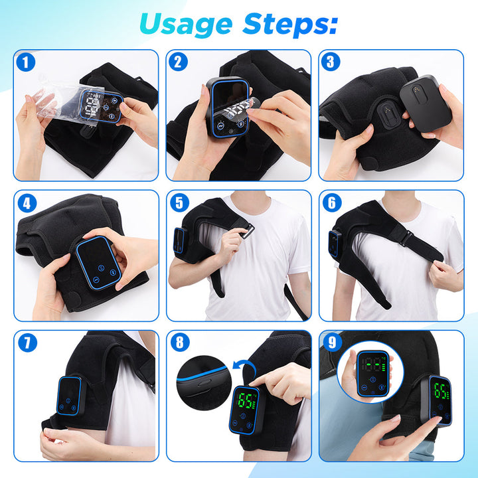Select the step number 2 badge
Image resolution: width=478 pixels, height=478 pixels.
(179, 63)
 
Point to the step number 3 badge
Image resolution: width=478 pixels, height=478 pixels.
(331, 63)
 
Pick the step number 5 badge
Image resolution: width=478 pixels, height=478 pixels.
(179, 203)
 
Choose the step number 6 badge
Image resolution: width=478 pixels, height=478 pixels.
(331, 203)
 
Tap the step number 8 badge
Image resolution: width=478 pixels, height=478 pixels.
(179, 343)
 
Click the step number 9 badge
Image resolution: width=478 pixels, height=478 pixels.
(331, 343)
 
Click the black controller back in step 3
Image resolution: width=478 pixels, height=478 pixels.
(425, 104)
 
